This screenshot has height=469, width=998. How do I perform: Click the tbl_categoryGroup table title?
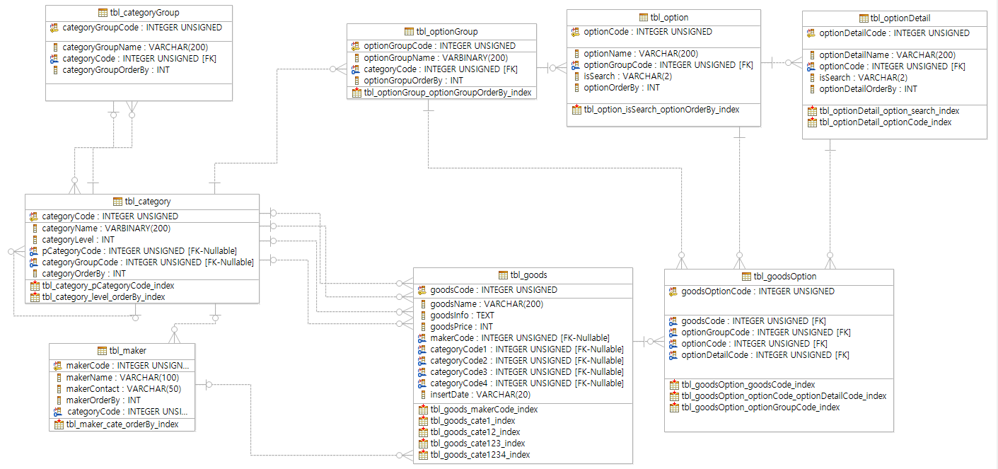click(144, 13)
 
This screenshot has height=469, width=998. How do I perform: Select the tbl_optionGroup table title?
click(447, 31)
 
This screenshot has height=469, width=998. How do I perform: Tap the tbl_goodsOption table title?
click(785, 276)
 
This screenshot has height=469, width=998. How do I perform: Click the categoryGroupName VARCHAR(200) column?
click(135, 47)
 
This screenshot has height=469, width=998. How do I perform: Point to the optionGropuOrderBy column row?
click(413, 80)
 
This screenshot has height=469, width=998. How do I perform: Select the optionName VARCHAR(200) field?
click(641, 54)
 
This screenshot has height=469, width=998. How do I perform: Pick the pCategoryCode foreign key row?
click(139, 250)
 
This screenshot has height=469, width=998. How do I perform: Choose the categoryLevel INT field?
click(78, 239)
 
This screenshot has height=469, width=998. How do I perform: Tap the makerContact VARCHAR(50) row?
click(123, 388)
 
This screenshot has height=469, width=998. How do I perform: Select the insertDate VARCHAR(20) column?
click(480, 394)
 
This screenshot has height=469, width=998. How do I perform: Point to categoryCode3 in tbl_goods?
click(527, 371)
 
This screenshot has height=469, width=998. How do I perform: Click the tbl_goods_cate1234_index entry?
click(480, 454)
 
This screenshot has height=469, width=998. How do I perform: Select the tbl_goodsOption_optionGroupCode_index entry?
click(760, 407)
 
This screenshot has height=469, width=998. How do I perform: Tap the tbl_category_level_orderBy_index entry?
click(103, 296)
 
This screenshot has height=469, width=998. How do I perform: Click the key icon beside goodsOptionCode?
click(673, 291)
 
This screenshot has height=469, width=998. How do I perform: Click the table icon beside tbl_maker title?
click(102, 351)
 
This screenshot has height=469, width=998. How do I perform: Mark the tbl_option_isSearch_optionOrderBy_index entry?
click(661, 109)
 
